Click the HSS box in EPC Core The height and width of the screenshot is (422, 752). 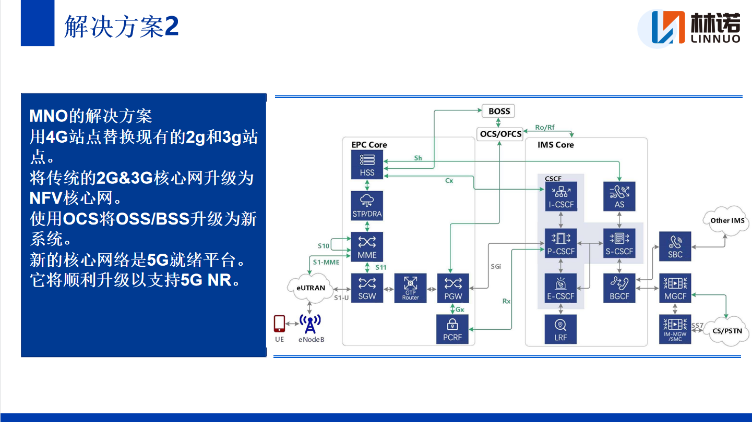tap(367, 165)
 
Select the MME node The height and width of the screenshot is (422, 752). tap(367, 246)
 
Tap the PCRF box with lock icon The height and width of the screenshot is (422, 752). tap(452, 330)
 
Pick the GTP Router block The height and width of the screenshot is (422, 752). tap(410, 288)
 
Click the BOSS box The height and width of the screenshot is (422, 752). tap(499, 111)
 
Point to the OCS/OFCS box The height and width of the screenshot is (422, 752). tap(500, 134)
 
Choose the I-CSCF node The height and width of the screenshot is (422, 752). tap(561, 196)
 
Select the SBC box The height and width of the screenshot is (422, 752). tap(675, 246)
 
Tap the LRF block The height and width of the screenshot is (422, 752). tap(561, 330)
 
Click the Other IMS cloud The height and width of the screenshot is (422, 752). tap(726, 221)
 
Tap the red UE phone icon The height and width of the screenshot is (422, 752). tap(280, 324)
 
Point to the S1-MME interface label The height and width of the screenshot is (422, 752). tap(326, 262)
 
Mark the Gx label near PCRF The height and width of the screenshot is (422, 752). tap(460, 309)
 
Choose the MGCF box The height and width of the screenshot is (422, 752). tap(675, 288)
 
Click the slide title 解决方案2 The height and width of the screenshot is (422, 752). tap(121, 27)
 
